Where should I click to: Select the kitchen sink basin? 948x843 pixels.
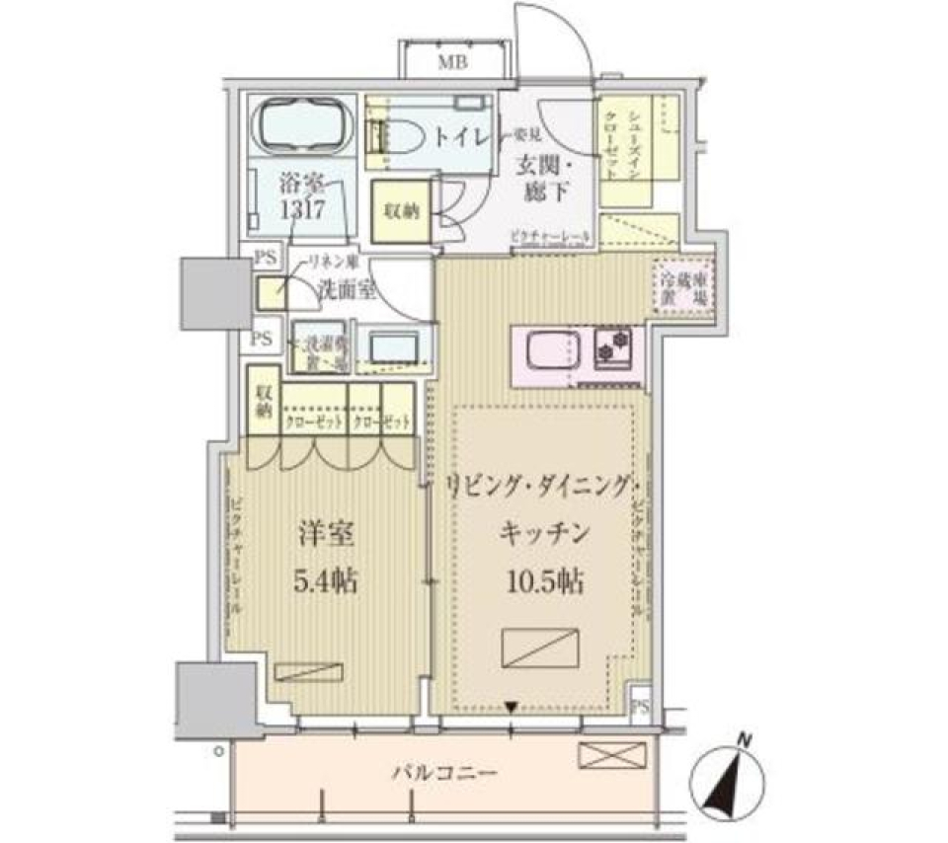pyautogui.click(x=549, y=351)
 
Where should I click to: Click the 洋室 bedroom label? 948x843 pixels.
pyautogui.click(x=323, y=536)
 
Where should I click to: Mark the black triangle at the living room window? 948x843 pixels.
pyautogui.click(x=511, y=707)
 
